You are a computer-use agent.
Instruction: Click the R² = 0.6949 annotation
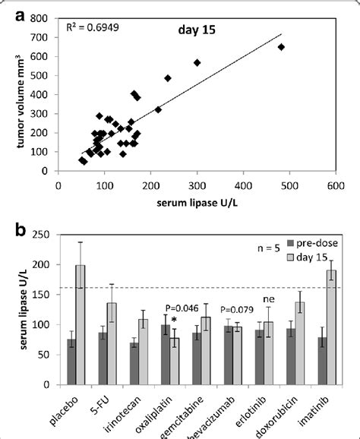click(92, 28)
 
